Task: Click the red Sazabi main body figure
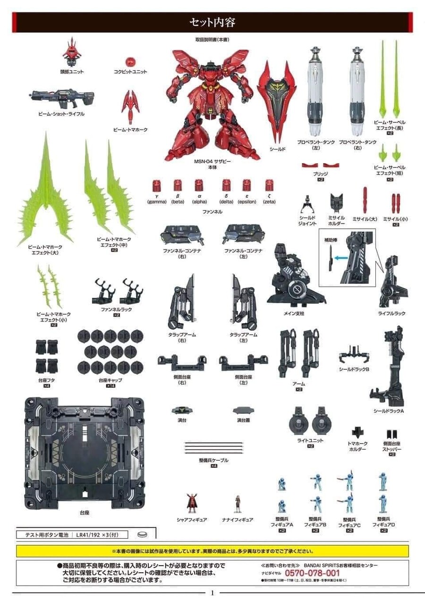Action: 212,106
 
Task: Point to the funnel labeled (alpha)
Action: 199,185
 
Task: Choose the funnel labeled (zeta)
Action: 269,185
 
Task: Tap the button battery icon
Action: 142,534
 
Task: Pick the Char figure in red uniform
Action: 191,503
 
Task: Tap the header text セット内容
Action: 212,22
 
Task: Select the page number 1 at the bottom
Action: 212,593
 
